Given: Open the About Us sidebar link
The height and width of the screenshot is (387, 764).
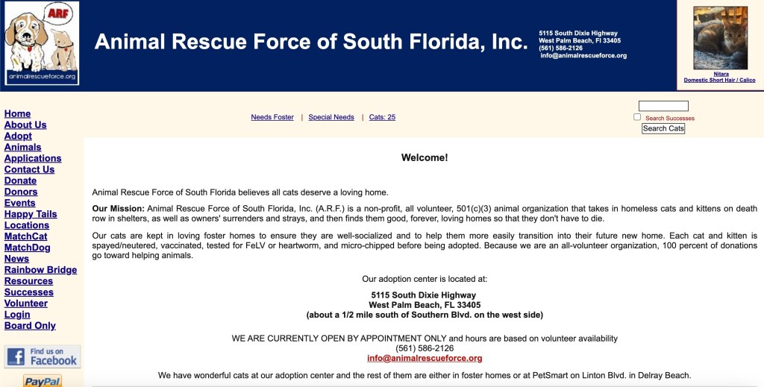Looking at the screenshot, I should [x=25, y=125].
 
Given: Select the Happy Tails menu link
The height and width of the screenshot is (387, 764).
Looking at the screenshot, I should [x=31, y=214].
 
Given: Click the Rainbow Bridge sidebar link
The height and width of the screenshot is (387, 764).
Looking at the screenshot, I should [x=40, y=270].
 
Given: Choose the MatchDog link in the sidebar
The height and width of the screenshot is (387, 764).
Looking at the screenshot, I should [x=28, y=248].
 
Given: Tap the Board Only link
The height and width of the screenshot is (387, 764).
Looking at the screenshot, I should [x=30, y=326].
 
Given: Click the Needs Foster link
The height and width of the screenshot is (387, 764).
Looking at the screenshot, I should [x=272, y=117].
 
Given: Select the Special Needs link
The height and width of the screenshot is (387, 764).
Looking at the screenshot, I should [x=331, y=117].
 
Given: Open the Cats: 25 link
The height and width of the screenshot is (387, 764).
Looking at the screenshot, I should [x=382, y=117].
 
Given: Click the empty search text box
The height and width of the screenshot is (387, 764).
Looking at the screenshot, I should [x=663, y=106].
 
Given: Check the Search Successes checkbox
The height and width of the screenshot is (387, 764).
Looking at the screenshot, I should [x=637, y=117].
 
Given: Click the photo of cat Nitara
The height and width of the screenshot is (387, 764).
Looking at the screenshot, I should [x=720, y=38].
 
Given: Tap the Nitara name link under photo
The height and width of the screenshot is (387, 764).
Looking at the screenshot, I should [x=721, y=74].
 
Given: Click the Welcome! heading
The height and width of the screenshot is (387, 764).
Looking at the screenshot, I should [x=425, y=157].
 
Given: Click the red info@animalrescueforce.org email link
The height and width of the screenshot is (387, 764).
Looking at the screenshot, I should [x=425, y=359].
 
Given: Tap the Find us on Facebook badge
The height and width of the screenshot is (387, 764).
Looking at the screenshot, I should [x=43, y=356].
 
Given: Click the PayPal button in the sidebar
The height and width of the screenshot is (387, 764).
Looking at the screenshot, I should [x=43, y=381].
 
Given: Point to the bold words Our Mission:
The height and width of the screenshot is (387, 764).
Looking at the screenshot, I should [x=118, y=209].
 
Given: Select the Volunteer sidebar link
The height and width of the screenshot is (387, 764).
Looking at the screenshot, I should [x=26, y=303].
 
